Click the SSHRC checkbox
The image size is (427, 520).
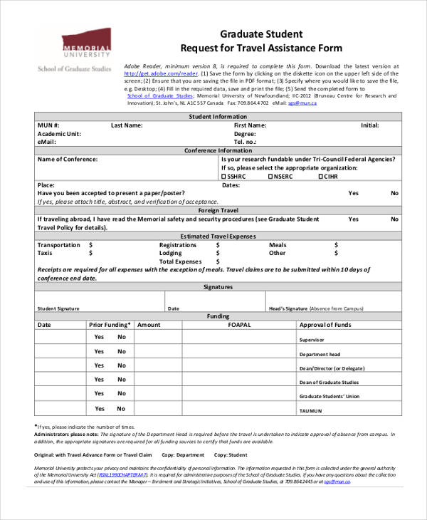pos(224,177)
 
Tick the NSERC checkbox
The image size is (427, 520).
pos(270,177)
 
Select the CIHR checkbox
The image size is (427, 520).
pos(321,177)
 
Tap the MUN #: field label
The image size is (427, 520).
pos(48,125)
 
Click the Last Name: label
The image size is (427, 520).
pos(127,125)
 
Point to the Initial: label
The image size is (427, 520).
pos(369,125)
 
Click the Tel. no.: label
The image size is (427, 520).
pos(246,142)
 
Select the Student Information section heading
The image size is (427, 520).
pos(218,117)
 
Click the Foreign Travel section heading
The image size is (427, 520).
pos(218,211)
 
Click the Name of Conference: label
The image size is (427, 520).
pos(67,160)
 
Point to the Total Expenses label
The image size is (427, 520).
pos(180,261)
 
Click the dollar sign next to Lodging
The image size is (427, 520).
pos(217,253)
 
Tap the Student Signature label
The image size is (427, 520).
pos(58,308)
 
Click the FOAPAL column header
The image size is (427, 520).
pos(238,325)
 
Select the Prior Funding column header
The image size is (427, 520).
pos(108,325)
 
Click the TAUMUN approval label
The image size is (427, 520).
pos(310,411)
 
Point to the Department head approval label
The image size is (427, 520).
pos(320,354)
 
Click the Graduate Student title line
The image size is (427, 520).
pos(261,33)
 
